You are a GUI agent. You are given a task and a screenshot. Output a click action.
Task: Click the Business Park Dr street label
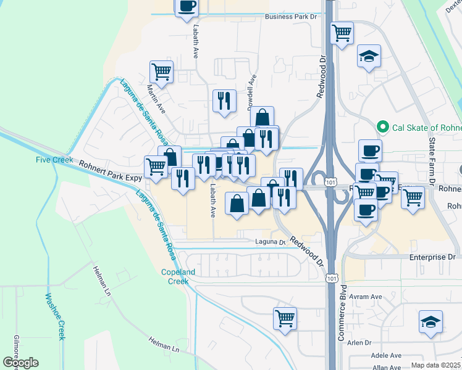pyautogui.click(x=290, y=17)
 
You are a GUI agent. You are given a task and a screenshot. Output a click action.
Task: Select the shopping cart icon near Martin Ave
pyautogui.click(x=162, y=72)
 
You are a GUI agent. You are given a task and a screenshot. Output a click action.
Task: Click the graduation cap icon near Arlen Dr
pyautogui.click(x=430, y=322)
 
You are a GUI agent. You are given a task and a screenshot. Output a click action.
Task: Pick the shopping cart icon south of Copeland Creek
pyautogui.click(x=285, y=318)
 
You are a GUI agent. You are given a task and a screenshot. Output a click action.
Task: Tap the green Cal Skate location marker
pyautogui.click(x=382, y=128)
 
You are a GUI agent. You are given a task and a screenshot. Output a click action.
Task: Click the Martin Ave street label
pyautogui.click(x=156, y=98)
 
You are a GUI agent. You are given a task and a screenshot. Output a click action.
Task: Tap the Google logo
pyautogui.click(x=20, y=363)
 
